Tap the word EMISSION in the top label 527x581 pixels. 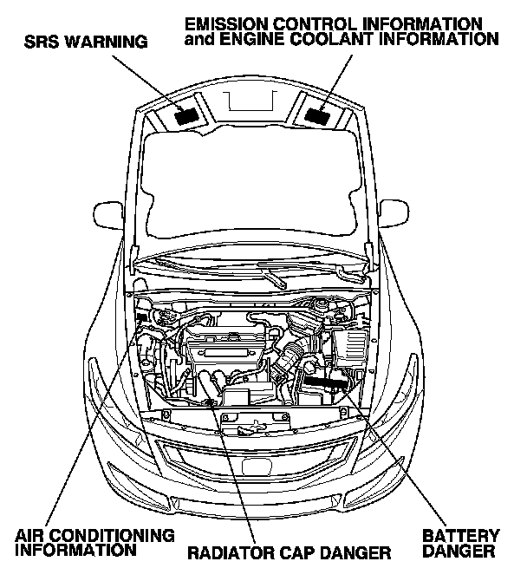coord(224,22)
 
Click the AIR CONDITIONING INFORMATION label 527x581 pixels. coord(94,542)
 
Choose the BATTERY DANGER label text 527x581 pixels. coord(459,543)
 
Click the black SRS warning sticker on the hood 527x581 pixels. coord(185,113)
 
